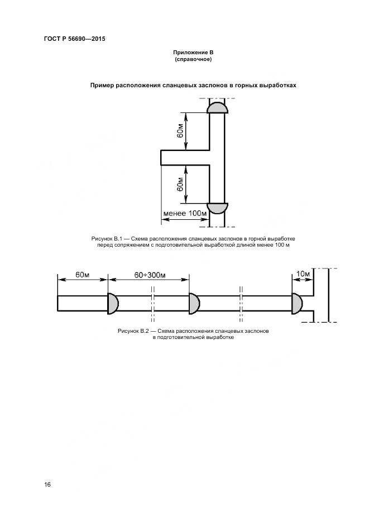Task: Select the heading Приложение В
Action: [193, 53]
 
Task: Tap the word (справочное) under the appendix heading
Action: [193, 59]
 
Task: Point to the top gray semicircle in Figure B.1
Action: [217, 108]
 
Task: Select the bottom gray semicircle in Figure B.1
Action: [217, 208]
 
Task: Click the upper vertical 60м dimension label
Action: [180, 131]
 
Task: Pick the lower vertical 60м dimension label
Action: [180, 184]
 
